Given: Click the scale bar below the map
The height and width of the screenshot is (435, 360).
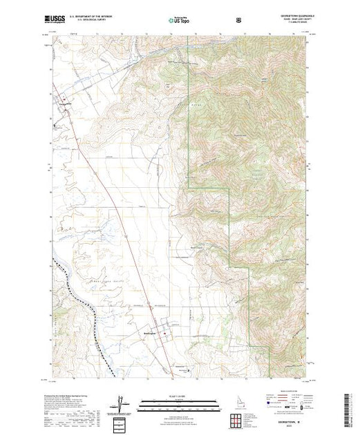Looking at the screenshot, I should [180, 403].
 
